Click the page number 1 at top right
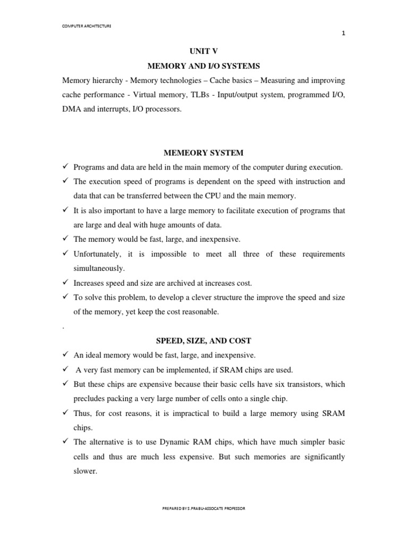[x=343, y=33]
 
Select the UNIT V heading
[x=204, y=52]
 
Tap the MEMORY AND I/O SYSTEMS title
[x=204, y=66]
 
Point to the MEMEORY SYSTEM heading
[x=204, y=152]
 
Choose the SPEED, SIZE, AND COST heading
[x=204, y=341]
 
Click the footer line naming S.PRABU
[x=204, y=508]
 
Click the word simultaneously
[x=99, y=269]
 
